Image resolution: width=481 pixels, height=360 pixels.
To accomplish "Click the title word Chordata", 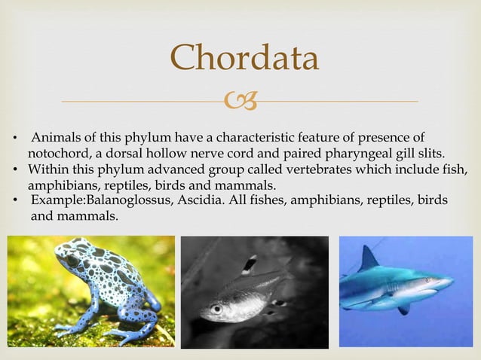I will (x=244, y=57).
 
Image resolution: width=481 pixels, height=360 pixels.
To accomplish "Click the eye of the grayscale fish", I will (x=217, y=309).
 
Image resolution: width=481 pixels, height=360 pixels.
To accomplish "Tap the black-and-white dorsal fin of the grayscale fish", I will (x=248, y=264).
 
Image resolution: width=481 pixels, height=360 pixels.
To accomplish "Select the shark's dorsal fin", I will (x=369, y=258).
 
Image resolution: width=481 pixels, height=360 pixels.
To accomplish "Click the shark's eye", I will (x=427, y=279).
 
